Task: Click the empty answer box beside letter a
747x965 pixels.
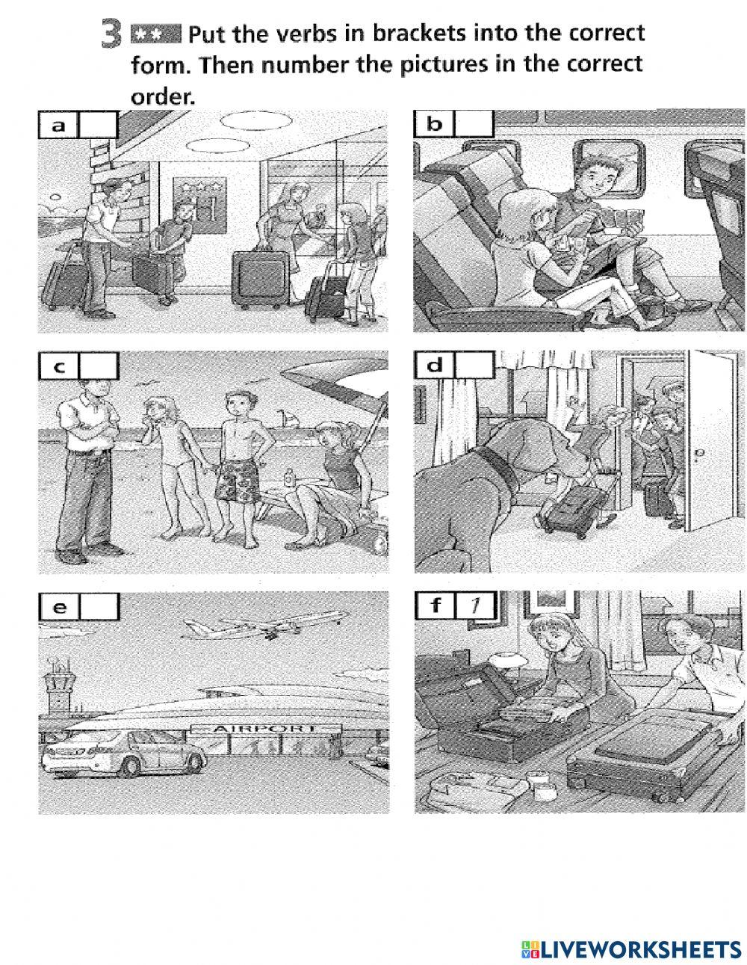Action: (99, 125)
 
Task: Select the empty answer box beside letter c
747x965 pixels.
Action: (99, 366)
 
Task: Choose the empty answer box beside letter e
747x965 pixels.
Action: (99, 607)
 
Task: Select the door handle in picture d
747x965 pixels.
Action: (698, 453)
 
